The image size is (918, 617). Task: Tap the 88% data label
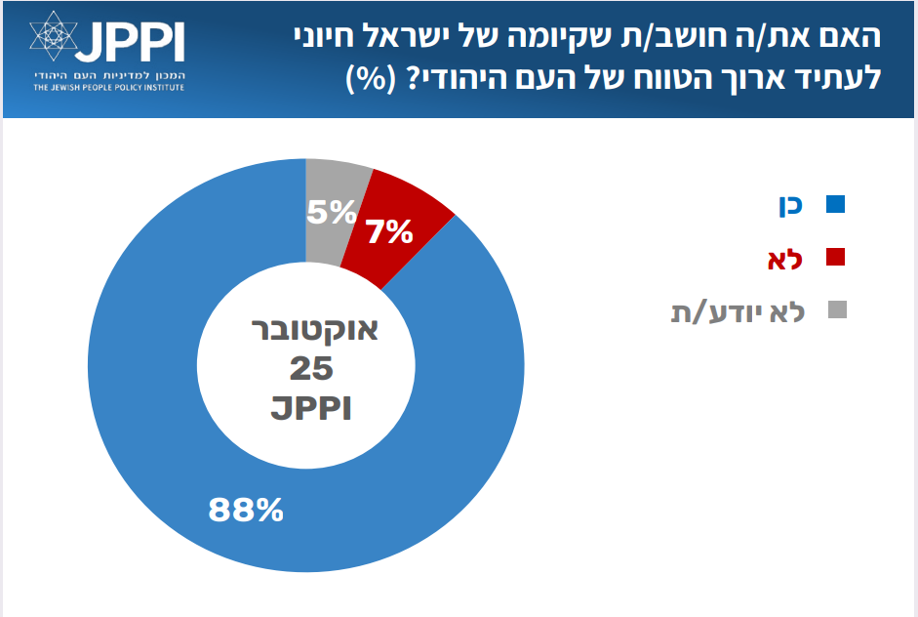click(246, 509)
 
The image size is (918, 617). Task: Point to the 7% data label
click(389, 232)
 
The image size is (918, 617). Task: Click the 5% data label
click(331, 211)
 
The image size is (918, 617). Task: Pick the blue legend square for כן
click(835, 205)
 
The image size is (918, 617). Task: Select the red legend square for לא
click(835, 258)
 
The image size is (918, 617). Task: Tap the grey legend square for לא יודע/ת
click(835, 310)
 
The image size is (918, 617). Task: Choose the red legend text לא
click(785, 258)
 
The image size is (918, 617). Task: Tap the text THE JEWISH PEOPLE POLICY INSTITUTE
click(107, 88)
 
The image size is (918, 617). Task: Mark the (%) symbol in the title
click(368, 77)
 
